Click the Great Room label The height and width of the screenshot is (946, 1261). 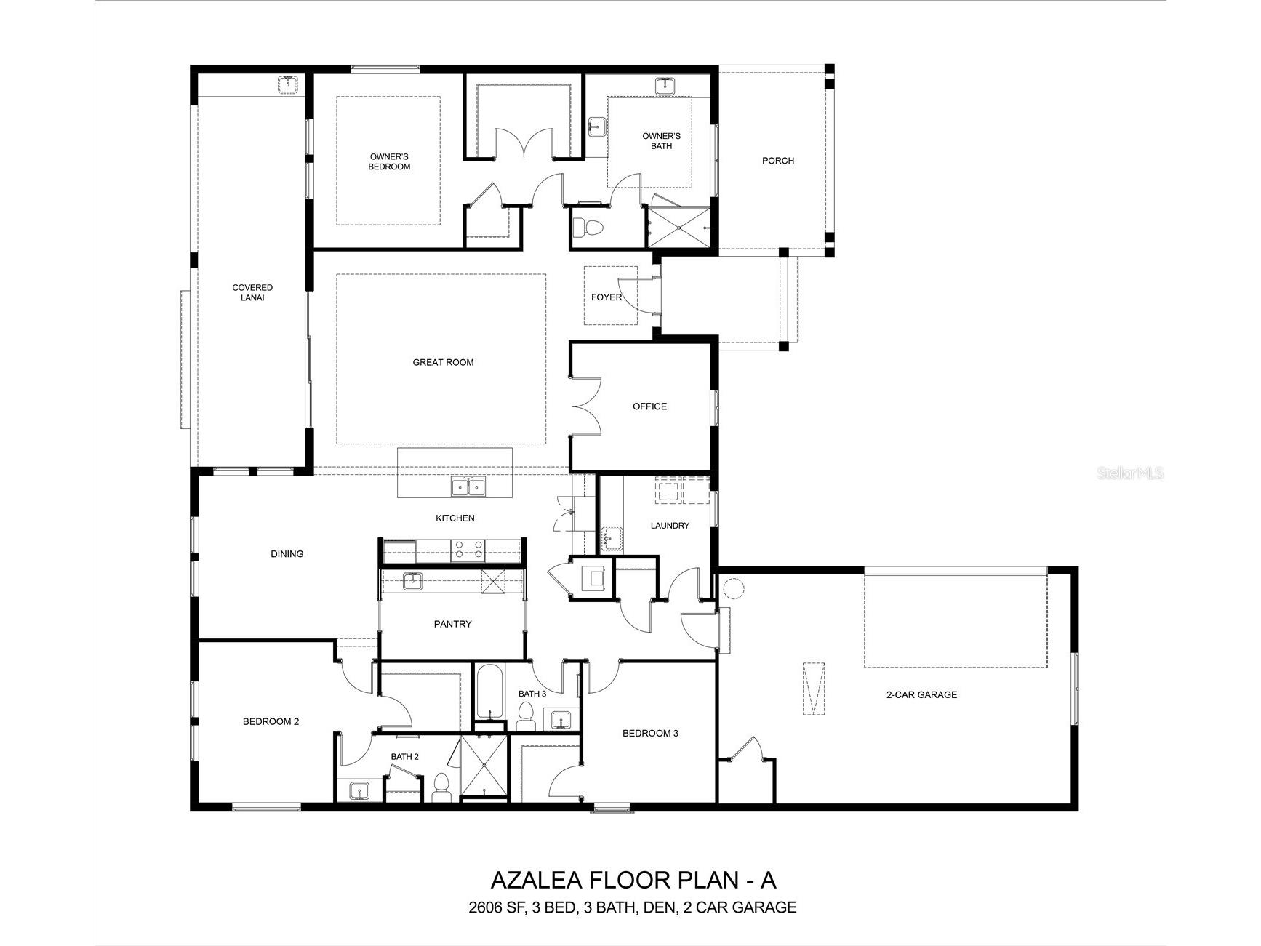pos(443,362)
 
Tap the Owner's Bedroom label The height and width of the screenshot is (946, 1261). pos(389,161)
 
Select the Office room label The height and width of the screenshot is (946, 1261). pos(649,406)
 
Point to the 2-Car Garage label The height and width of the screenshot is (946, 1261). pos(921,694)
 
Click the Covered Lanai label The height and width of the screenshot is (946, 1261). pos(252,292)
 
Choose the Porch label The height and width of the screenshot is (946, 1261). pos(777,161)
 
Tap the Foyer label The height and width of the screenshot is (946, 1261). pos(606,297)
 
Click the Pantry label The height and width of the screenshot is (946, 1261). pos(452,624)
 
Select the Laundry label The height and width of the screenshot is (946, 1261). pos(669,525)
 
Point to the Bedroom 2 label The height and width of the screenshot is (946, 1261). pos(271,721)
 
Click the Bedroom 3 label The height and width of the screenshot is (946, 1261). pos(649,733)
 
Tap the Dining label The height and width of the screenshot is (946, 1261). pos(287,554)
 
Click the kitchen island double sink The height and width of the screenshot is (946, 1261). pos(468,486)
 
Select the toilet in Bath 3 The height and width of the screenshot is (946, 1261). pos(524,721)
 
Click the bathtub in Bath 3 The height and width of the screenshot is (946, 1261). pos(490,691)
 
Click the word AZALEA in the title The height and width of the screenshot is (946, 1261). pos(536,880)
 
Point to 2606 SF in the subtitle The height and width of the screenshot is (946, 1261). pos(495,907)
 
